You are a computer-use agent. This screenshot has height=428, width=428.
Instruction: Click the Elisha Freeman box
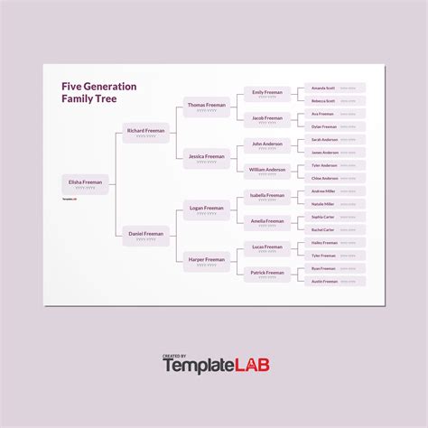pyautogui.click(x=86, y=184)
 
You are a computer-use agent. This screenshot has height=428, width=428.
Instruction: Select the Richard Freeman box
pyautogui.click(x=145, y=133)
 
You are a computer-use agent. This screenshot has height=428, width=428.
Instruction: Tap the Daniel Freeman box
pyautogui.click(x=145, y=236)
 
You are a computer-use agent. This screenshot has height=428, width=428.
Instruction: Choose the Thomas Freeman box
pyautogui.click(x=206, y=107)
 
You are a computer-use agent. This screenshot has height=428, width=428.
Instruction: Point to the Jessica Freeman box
pyautogui.click(x=206, y=158)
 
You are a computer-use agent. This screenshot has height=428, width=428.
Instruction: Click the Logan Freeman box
pyautogui.click(x=206, y=209)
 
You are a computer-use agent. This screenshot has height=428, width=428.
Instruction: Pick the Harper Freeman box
pyautogui.click(x=206, y=261)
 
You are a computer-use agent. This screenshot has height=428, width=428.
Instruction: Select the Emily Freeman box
pyautogui.click(x=267, y=94)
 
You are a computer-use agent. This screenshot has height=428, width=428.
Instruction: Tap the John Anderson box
pyautogui.click(x=267, y=145)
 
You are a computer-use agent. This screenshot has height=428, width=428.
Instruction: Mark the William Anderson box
pyautogui.click(x=267, y=171)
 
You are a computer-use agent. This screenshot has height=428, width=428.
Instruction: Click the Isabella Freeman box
pyautogui.click(x=267, y=197)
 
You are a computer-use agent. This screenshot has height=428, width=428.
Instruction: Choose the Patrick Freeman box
pyautogui.click(x=267, y=274)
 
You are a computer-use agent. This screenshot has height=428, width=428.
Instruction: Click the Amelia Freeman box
pyautogui.click(x=267, y=222)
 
